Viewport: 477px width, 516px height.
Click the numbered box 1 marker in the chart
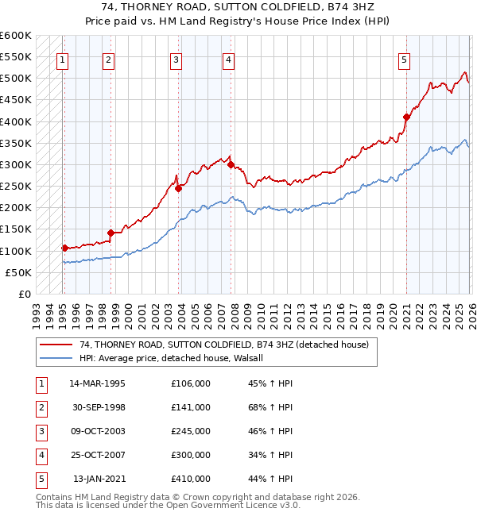pyautogui.click(x=62, y=59)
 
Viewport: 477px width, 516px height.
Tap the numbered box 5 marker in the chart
pyautogui.click(x=405, y=59)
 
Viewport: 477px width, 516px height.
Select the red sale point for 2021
pyautogui.click(x=406, y=117)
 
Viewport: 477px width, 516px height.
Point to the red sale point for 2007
pyautogui.click(x=231, y=164)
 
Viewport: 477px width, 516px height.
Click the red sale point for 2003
pyautogui.click(x=178, y=188)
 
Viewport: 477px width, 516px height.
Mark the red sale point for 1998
pyautogui.click(x=111, y=233)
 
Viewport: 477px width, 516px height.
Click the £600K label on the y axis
pyautogui.click(x=16, y=36)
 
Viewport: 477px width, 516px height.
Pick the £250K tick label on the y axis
pyautogui.click(x=16, y=187)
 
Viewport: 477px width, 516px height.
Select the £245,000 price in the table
pyautogui.click(x=191, y=431)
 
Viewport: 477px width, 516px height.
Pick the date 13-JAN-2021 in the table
pyautogui.click(x=99, y=479)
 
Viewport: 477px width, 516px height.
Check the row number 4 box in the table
pyautogui.click(x=40, y=455)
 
